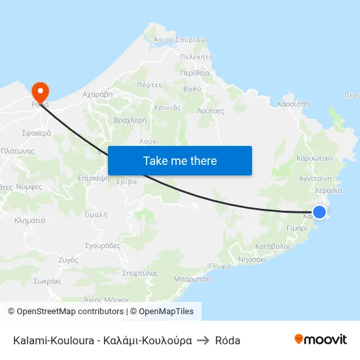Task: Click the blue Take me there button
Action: pyautogui.click(x=180, y=160)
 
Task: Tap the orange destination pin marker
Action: pyautogui.click(x=40, y=91)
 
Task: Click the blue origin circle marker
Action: pyautogui.click(x=319, y=211)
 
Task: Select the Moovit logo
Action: pyautogui.click(x=321, y=340)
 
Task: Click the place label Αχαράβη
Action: pyautogui.click(x=98, y=94)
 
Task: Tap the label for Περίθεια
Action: pyautogui.click(x=194, y=73)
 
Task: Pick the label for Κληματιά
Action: pyautogui.click(x=29, y=221)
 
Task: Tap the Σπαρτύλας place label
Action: pyautogui.click(x=140, y=273)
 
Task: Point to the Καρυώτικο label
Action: pyautogui.click(x=314, y=158)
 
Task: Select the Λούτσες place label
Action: pyautogui.click(x=211, y=111)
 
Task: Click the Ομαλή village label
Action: pyautogui.click(x=96, y=214)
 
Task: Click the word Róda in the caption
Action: pyautogui.click(x=228, y=340)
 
